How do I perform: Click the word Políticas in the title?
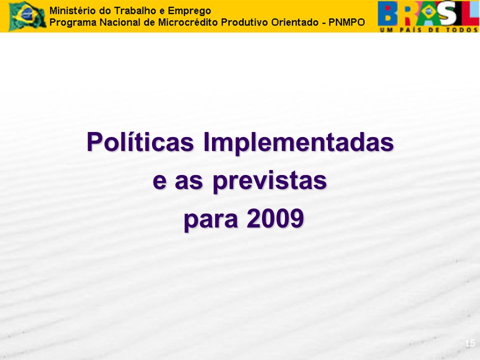pos(140,141)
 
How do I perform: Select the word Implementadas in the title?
pos(298,141)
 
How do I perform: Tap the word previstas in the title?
pos(270,180)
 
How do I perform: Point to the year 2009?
pos(275,218)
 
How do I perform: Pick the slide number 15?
pos(470,343)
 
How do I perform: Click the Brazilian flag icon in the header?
pos(27,15)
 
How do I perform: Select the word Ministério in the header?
pos(69,10)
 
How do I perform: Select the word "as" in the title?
pos(188,181)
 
